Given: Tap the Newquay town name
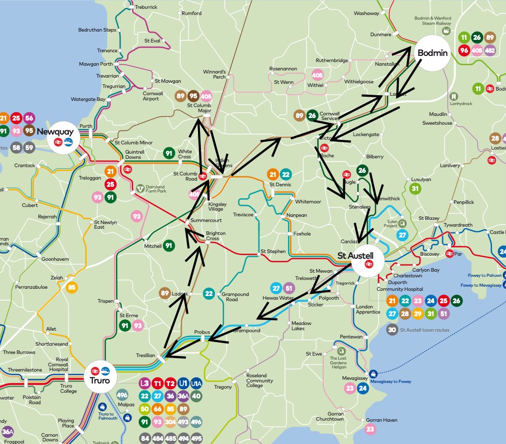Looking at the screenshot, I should [x=55, y=131].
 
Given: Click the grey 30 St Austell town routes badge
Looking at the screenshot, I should [x=392, y=330].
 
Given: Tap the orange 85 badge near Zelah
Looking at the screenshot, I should [x=71, y=287].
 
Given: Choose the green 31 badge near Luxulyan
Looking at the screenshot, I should [x=415, y=188].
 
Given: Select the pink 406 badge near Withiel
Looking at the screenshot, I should [x=317, y=76].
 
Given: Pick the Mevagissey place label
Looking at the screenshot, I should [x=355, y=378].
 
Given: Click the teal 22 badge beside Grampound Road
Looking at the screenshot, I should [x=209, y=293].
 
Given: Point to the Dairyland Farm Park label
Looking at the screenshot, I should [x=154, y=189].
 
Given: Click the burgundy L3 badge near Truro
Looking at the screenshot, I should [x=145, y=383].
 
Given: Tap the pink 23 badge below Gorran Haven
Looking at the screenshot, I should [x=370, y=429].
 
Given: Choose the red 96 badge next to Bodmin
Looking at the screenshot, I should [x=464, y=51].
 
